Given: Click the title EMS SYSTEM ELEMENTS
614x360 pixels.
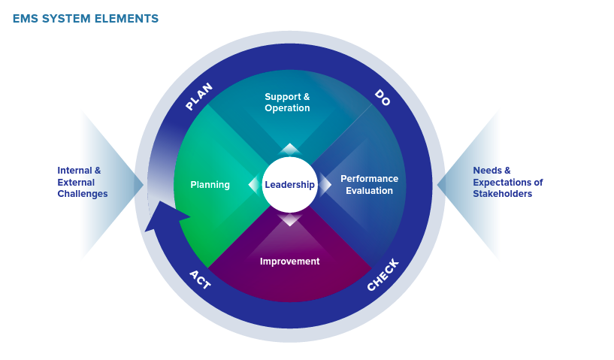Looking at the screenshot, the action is (86, 18).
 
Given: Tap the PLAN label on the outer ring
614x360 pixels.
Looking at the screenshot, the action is (199, 96).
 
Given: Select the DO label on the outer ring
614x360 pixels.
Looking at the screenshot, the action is (383, 98).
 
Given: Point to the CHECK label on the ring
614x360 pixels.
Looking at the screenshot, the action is (383, 275).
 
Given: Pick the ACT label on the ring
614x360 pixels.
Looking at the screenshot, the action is (200, 280).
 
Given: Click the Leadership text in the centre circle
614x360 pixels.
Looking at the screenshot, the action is (289, 184).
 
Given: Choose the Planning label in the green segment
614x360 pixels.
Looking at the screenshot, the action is (210, 185).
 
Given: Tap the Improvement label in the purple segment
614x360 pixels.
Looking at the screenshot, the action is (290, 262).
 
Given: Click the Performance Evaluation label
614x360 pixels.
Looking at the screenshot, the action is (369, 184).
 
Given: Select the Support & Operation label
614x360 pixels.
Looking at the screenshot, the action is (287, 102).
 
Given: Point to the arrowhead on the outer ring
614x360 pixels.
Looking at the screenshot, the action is (167, 216).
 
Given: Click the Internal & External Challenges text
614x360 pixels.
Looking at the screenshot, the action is (82, 182).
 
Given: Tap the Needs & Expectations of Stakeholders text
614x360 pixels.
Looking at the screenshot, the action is (508, 182).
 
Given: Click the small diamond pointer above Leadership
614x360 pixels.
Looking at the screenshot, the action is (289, 150).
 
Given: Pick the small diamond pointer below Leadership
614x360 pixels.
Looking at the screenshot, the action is (289, 219).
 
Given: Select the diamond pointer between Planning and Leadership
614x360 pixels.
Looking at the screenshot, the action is (255, 184).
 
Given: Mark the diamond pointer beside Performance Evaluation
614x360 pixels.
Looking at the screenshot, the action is (325, 184).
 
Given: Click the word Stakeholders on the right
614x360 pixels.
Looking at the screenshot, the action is (503, 194).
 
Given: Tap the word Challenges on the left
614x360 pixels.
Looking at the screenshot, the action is (82, 194).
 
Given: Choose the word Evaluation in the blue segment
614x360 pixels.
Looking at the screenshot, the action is (369, 191).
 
